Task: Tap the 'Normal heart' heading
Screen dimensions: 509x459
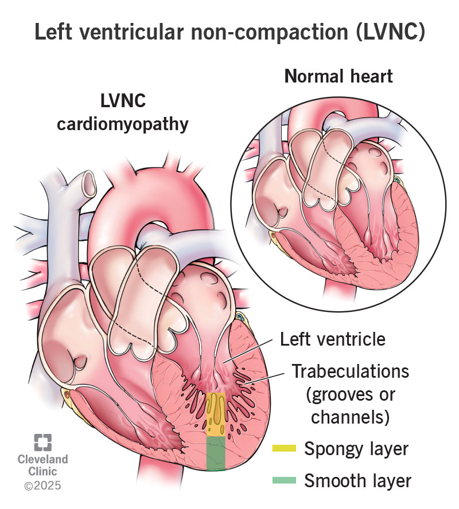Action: click(x=339, y=76)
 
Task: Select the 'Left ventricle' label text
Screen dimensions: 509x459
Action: click(x=332, y=339)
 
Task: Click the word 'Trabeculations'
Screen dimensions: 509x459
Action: click(x=350, y=371)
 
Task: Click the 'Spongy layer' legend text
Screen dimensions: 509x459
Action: click(x=357, y=448)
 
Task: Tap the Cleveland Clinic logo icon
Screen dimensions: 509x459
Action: click(x=42, y=442)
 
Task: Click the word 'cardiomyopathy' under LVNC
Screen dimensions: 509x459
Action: click(x=122, y=123)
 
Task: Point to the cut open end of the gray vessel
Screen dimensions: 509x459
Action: click(x=87, y=183)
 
